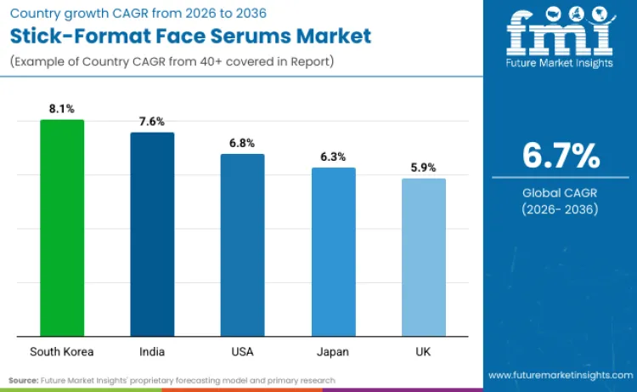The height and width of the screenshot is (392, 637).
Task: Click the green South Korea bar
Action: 62,227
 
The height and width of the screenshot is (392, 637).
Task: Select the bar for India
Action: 152,234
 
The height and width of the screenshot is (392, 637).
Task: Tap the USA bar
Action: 242,245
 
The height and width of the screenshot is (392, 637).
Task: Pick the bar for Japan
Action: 333,252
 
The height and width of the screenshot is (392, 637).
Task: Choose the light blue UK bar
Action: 423,257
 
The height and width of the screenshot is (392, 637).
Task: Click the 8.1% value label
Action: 62,109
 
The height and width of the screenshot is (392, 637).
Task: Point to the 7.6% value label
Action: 152,122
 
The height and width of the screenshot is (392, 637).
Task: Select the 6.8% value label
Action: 242,143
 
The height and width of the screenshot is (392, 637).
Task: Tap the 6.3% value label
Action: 333,156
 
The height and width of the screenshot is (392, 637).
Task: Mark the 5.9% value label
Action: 423,168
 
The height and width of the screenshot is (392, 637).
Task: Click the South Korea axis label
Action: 62,351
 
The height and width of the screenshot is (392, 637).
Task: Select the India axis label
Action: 152,351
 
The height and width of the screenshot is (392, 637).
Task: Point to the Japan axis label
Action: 333,351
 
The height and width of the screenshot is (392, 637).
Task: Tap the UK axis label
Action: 423,351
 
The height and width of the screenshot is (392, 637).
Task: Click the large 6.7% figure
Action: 560,156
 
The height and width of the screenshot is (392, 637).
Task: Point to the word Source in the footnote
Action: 23,379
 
